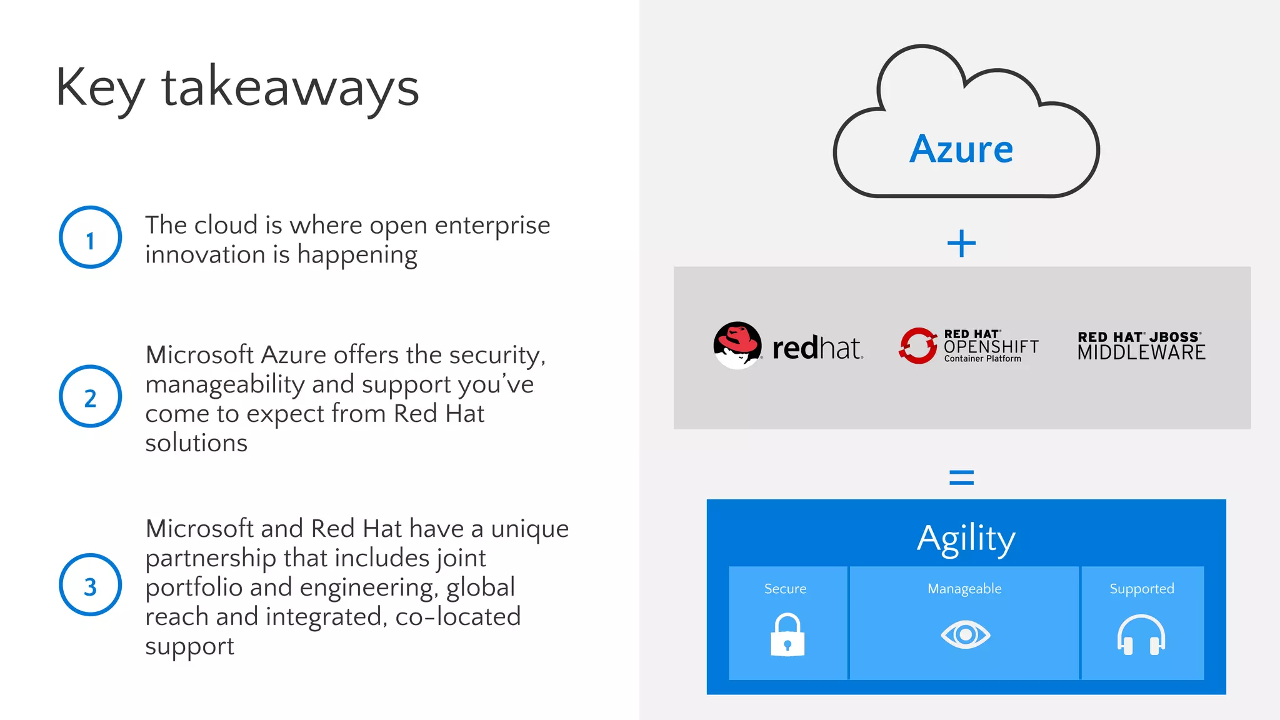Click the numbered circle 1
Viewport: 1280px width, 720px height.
[90, 237]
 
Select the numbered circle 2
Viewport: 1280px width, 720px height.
[90, 396]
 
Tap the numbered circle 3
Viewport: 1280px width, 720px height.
[90, 585]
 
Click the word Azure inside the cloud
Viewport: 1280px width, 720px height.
[961, 149]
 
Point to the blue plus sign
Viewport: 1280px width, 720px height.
[961, 243]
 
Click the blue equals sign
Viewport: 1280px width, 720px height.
[961, 478]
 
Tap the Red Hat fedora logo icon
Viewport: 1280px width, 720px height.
[737, 345]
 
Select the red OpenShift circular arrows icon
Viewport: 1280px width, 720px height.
[917, 346]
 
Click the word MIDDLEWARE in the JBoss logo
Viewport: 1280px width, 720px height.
[1141, 353]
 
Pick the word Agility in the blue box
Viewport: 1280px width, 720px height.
[966, 539]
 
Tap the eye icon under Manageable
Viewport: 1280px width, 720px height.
[965, 635]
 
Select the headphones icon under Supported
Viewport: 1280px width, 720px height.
[1141, 635]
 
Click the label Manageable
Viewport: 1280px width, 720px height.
[964, 589]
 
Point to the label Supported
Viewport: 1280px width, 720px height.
[1141, 589]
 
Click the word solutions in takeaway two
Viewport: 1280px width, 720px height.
[196, 443]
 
